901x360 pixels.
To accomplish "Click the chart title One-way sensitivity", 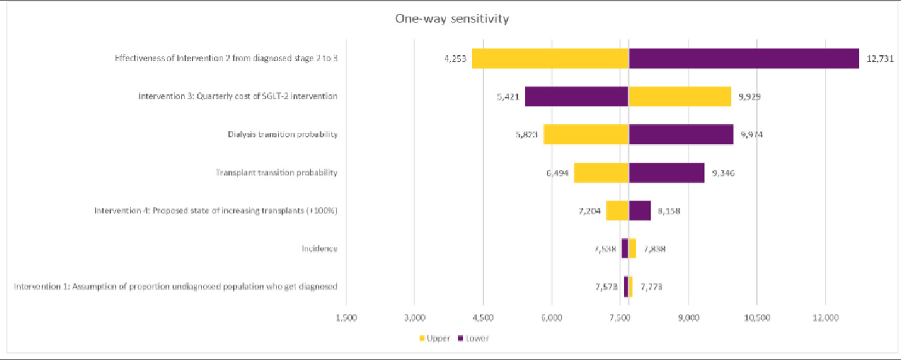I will tap(451, 19).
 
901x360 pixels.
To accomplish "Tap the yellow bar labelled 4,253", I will tap(550, 58).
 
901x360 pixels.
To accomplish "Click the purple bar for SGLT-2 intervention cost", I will tap(576, 96).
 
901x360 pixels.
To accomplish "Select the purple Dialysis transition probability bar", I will tap(681, 135).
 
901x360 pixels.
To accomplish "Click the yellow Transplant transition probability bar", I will tap(601, 173).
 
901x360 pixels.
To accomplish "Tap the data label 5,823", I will tap(524, 135).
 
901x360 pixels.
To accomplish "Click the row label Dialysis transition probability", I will tap(282, 135).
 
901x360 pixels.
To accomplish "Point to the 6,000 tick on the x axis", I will tap(552, 317).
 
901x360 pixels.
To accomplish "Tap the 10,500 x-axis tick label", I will tap(757, 317).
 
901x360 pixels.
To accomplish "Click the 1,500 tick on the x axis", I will tap(347, 317).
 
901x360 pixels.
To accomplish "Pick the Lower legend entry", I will tap(473, 339).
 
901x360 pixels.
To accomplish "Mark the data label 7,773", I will tap(651, 287).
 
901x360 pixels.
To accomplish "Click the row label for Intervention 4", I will tap(216, 211).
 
